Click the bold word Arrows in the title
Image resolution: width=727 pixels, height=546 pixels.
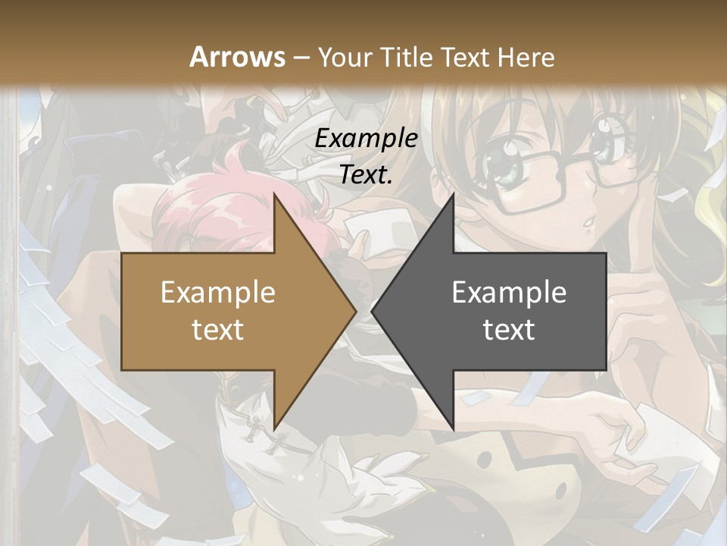pyautogui.click(x=238, y=57)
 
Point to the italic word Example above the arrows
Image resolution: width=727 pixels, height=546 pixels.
pyautogui.click(x=366, y=139)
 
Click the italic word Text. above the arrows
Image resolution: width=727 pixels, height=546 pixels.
pyautogui.click(x=366, y=175)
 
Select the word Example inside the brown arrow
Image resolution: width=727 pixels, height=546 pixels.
pyautogui.click(x=217, y=292)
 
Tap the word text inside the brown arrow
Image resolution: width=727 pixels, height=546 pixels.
pyautogui.click(x=217, y=329)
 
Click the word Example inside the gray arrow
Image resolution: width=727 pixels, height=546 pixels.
pyautogui.click(x=509, y=292)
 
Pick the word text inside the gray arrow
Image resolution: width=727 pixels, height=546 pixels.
pyautogui.click(x=509, y=329)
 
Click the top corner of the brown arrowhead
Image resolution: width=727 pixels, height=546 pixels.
pyautogui.click(x=274, y=194)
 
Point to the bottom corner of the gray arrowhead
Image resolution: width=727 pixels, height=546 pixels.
pyautogui.click(x=453, y=429)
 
